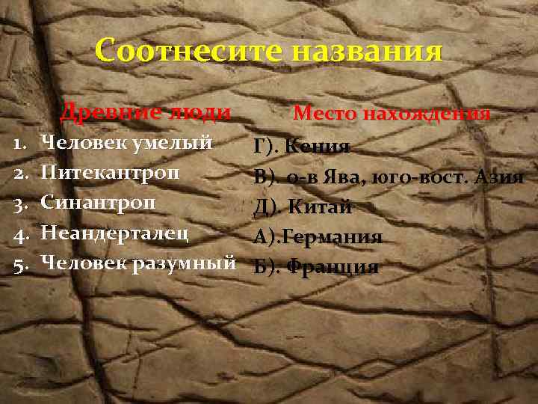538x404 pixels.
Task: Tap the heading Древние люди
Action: (x=145, y=113)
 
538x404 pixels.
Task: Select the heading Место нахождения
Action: (x=392, y=114)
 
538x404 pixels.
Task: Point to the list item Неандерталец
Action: (x=114, y=232)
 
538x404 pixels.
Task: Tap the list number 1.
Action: (x=21, y=143)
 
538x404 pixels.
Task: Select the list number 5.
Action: (x=21, y=263)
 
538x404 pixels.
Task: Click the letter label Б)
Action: (x=266, y=266)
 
